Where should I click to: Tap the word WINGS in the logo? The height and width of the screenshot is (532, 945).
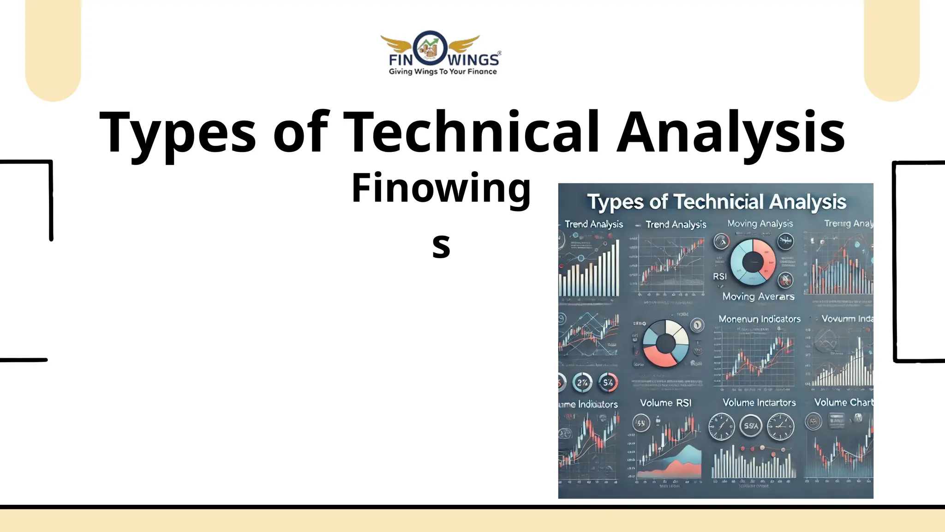click(x=473, y=60)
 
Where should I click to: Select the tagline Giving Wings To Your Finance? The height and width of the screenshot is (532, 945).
click(x=443, y=72)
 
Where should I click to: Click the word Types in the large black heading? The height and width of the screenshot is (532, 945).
click(x=178, y=133)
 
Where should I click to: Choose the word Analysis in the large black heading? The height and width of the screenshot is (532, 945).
click(x=731, y=133)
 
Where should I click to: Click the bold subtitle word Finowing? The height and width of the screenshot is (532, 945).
click(x=441, y=188)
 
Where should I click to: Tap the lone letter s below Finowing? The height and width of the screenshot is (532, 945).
click(x=441, y=246)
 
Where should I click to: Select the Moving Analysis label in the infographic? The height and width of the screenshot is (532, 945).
click(x=760, y=224)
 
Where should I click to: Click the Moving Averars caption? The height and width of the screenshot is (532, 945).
click(x=758, y=296)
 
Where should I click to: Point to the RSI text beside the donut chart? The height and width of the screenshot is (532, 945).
click(x=719, y=276)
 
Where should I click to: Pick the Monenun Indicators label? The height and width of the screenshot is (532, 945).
click(x=760, y=319)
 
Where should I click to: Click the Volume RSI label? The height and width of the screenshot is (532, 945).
click(x=665, y=403)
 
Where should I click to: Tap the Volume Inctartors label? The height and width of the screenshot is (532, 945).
click(x=759, y=403)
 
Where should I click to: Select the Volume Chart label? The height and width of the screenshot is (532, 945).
click(x=843, y=402)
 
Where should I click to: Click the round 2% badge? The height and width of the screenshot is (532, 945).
click(x=582, y=382)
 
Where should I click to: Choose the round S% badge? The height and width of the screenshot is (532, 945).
click(x=608, y=382)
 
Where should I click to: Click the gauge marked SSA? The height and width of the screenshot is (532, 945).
click(x=751, y=426)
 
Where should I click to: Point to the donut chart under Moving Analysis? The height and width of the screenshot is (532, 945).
click(x=753, y=262)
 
